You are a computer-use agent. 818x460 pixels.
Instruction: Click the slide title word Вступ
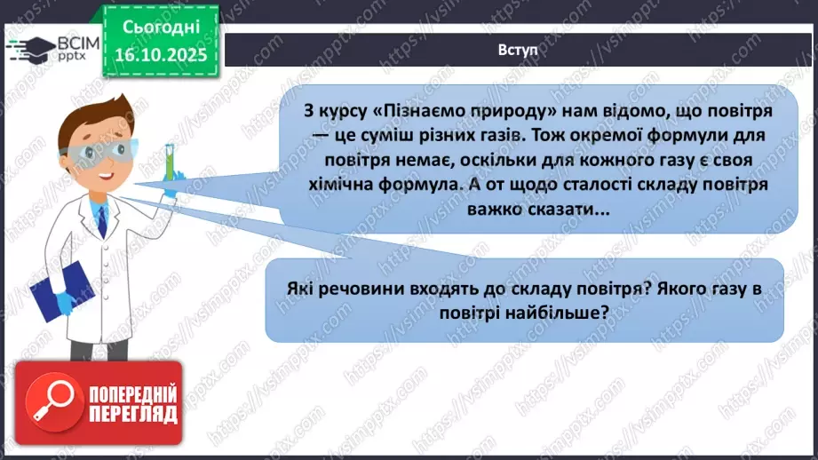[518, 50]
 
